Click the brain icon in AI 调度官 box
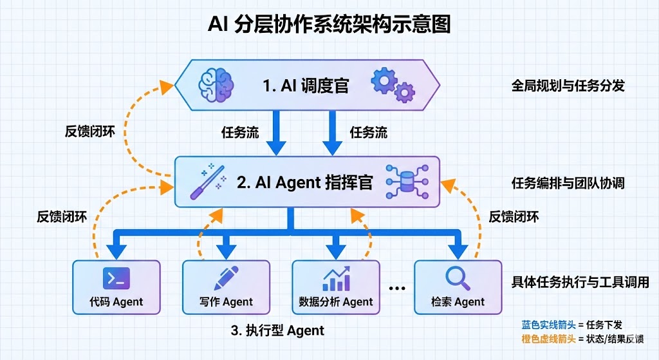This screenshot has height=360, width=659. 216,84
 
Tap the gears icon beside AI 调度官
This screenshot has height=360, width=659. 392,85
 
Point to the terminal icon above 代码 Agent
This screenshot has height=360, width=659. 116,279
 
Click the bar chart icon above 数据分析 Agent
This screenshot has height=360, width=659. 336,278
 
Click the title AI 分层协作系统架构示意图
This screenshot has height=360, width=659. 329,24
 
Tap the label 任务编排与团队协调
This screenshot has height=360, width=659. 568,184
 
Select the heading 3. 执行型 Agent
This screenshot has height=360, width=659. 277,331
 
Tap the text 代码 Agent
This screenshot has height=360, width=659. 116,301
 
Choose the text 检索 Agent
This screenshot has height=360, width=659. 458,301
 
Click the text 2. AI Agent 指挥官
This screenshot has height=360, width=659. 304,182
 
